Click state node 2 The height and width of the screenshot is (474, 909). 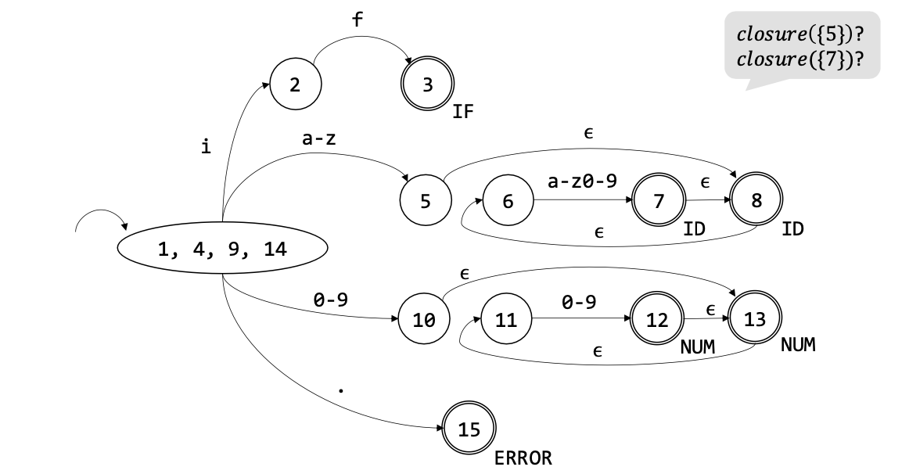click(x=295, y=84)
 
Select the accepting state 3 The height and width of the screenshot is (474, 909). click(x=427, y=84)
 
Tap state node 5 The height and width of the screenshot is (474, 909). click(x=425, y=201)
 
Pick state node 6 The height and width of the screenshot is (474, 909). click(x=508, y=201)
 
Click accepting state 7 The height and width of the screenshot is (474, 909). click(x=658, y=201)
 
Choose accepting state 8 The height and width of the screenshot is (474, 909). click(x=756, y=201)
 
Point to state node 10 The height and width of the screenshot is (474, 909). click(x=424, y=320)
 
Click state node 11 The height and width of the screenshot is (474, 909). click(x=506, y=320)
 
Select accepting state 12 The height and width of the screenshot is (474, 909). click(x=656, y=320)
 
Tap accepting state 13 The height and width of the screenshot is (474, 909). click(x=756, y=320)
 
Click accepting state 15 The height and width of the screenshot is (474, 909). click(x=469, y=428)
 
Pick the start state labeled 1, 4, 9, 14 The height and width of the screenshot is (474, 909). click(x=222, y=250)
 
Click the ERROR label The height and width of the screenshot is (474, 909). click(x=523, y=458)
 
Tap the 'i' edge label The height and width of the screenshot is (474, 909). click(x=206, y=145)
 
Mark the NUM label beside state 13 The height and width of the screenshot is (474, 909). click(x=798, y=345)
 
